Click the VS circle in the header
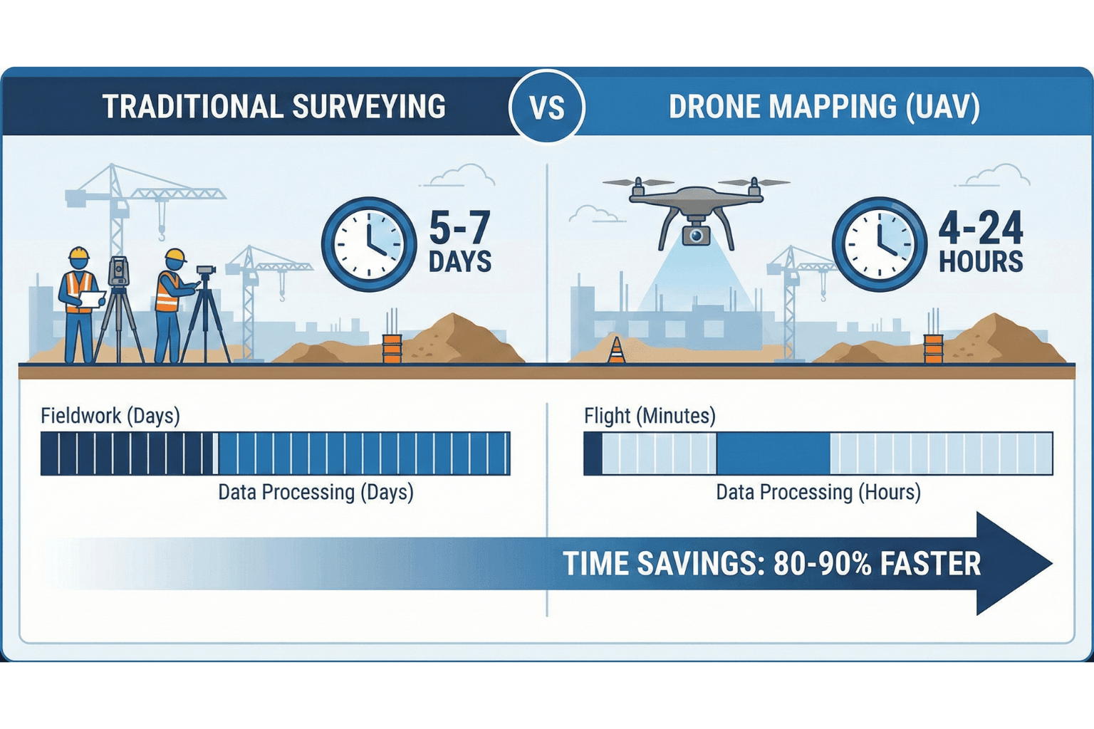point(547,107)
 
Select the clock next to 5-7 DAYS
point(368,244)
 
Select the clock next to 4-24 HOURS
point(879,244)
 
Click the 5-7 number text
point(459,228)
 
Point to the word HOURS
point(981,262)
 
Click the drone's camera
point(695,235)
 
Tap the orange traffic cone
point(617,350)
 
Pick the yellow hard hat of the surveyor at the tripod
point(174,256)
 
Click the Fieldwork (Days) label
point(110,416)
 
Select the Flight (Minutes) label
point(650,416)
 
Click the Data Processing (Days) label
point(316,492)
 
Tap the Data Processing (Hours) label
point(818,492)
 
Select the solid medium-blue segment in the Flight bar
point(773,453)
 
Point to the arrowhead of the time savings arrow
point(1011,563)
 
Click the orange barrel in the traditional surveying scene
point(392,349)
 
